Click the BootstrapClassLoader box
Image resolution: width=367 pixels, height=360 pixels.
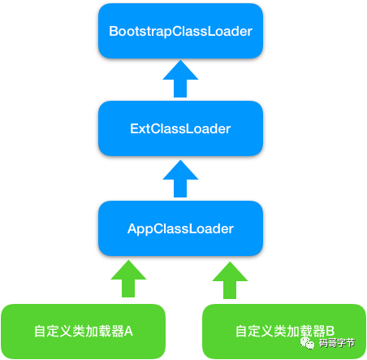[x=180, y=31]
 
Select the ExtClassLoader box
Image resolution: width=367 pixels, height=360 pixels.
[x=180, y=128]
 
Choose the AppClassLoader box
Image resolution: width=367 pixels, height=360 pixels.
[x=180, y=228]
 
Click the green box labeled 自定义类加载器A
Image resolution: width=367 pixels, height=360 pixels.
[x=84, y=331]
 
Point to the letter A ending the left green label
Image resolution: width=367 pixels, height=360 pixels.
[x=128, y=331]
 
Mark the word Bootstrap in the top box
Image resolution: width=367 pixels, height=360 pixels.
[x=136, y=32]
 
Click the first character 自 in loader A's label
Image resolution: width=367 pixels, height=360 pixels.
[x=40, y=331]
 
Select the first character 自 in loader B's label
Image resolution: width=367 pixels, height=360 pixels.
[x=241, y=331]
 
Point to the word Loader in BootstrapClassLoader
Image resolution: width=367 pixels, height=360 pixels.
[x=231, y=32]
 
